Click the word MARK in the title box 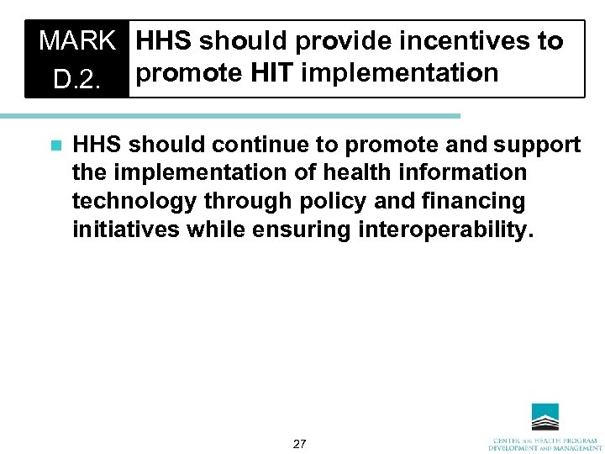click(x=76, y=41)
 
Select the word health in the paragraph click(x=388, y=172)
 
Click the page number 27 click(x=299, y=443)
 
